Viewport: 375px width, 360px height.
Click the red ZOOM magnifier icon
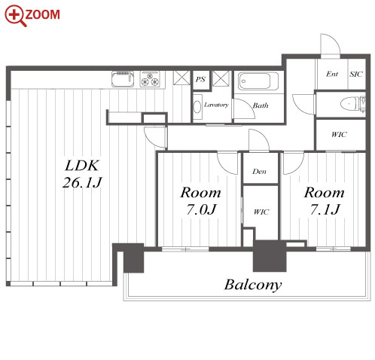(16, 16)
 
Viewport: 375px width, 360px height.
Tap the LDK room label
(82, 166)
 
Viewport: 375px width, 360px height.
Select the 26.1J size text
(82, 182)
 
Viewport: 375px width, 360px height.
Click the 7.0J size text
(201, 209)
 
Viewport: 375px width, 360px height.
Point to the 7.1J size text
(325, 209)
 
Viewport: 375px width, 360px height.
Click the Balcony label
(253, 285)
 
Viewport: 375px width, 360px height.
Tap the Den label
(259, 172)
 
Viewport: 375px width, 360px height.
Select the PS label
(200, 79)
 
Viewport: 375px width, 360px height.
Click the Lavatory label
(216, 105)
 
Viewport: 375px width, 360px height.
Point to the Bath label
(261, 105)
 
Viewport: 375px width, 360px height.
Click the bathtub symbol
(258, 81)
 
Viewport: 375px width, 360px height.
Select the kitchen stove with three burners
(150, 79)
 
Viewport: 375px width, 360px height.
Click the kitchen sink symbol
(123, 79)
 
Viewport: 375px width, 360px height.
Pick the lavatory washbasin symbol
(197, 107)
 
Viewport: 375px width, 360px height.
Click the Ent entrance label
(332, 74)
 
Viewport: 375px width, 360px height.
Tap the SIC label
(356, 74)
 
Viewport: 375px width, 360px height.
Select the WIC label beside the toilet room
(339, 135)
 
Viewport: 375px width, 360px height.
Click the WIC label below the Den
(261, 212)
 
